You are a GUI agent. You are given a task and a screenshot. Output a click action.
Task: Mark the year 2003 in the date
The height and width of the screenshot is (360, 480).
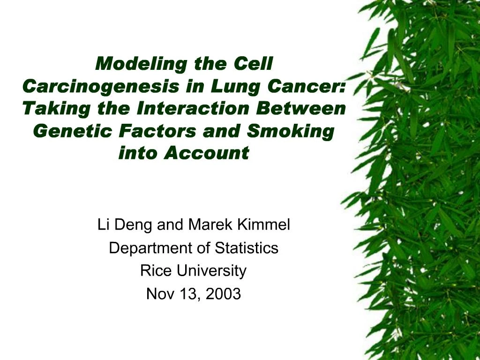pyautogui.click(x=223, y=294)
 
